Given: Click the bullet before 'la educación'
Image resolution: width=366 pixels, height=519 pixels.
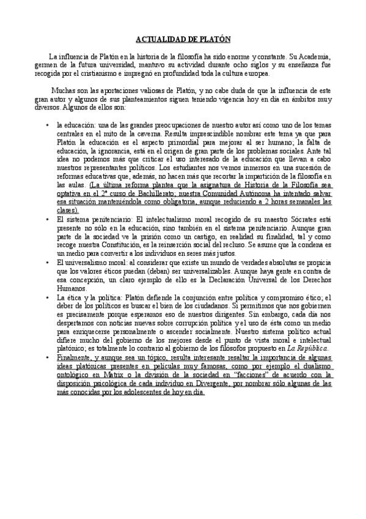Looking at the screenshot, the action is click(x=48, y=124).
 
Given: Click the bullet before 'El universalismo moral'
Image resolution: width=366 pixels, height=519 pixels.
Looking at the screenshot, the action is click(x=48, y=262).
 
